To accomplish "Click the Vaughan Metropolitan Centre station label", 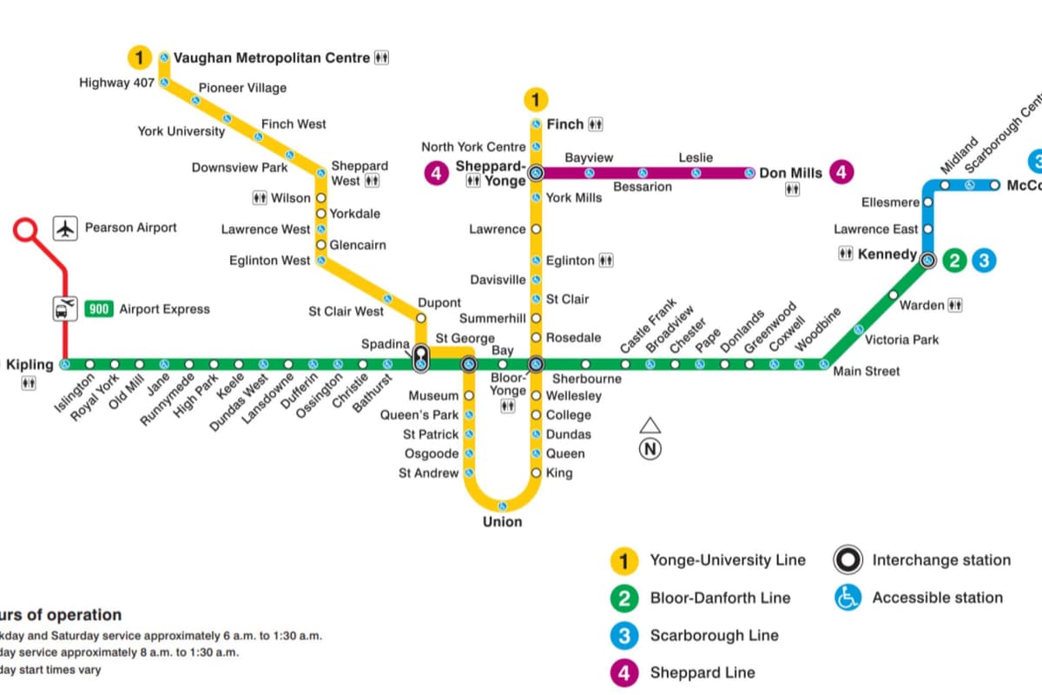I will pos(273,58).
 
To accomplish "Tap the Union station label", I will pos(502,522).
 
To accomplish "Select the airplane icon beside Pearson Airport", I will pos(66,228).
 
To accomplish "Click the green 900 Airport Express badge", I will pos(100,309).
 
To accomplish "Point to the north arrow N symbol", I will pos(650,448).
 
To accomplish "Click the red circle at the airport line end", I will pos(26,231).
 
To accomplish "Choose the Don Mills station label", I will pos(790,173).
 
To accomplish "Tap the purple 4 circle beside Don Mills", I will pos(840,173).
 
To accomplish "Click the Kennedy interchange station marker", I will pos(927,260).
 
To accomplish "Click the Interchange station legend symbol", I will pos(847,560).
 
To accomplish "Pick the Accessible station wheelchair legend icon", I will pos(847,598).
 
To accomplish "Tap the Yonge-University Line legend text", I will pos(727,560).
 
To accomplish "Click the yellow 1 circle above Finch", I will pos(537,100).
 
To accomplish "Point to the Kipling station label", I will pos(30,365).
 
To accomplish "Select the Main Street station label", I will pos(866,372).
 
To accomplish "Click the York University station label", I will pos(181,132).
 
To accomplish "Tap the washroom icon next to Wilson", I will pos(260,198).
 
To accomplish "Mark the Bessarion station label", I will pos(643,187).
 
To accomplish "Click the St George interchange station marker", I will pos(469,365).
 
